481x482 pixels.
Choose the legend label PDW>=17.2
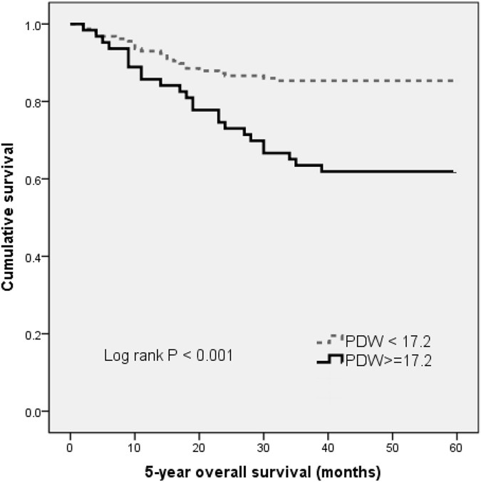click(x=388, y=361)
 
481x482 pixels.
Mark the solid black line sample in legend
click(x=329, y=361)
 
